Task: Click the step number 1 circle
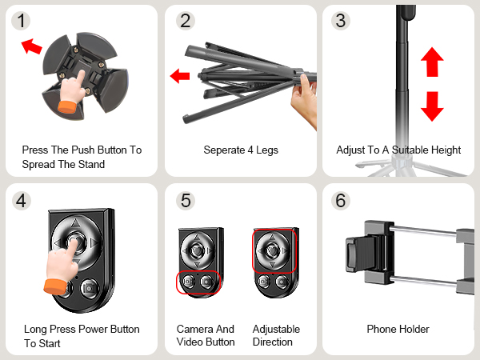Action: click(x=22, y=21)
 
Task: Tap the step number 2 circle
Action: click(x=186, y=21)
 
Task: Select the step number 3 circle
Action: click(x=341, y=21)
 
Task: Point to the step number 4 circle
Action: click(x=22, y=201)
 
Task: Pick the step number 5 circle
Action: click(x=186, y=201)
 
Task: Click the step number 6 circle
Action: click(x=341, y=201)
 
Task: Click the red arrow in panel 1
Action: click(x=31, y=46)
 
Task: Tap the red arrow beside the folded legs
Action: click(x=180, y=77)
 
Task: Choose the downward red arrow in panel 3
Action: click(x=432, y=106)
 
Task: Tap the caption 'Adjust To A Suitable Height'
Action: click(x=398, y=150)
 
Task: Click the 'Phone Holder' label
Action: click(x=398, y=329)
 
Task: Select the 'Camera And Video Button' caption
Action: click(x=206, y=335)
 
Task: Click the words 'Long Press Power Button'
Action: click(x=82, y=329)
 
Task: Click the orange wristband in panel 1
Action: click(x=67, y=105)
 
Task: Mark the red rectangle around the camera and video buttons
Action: click(x=198, y=282)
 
